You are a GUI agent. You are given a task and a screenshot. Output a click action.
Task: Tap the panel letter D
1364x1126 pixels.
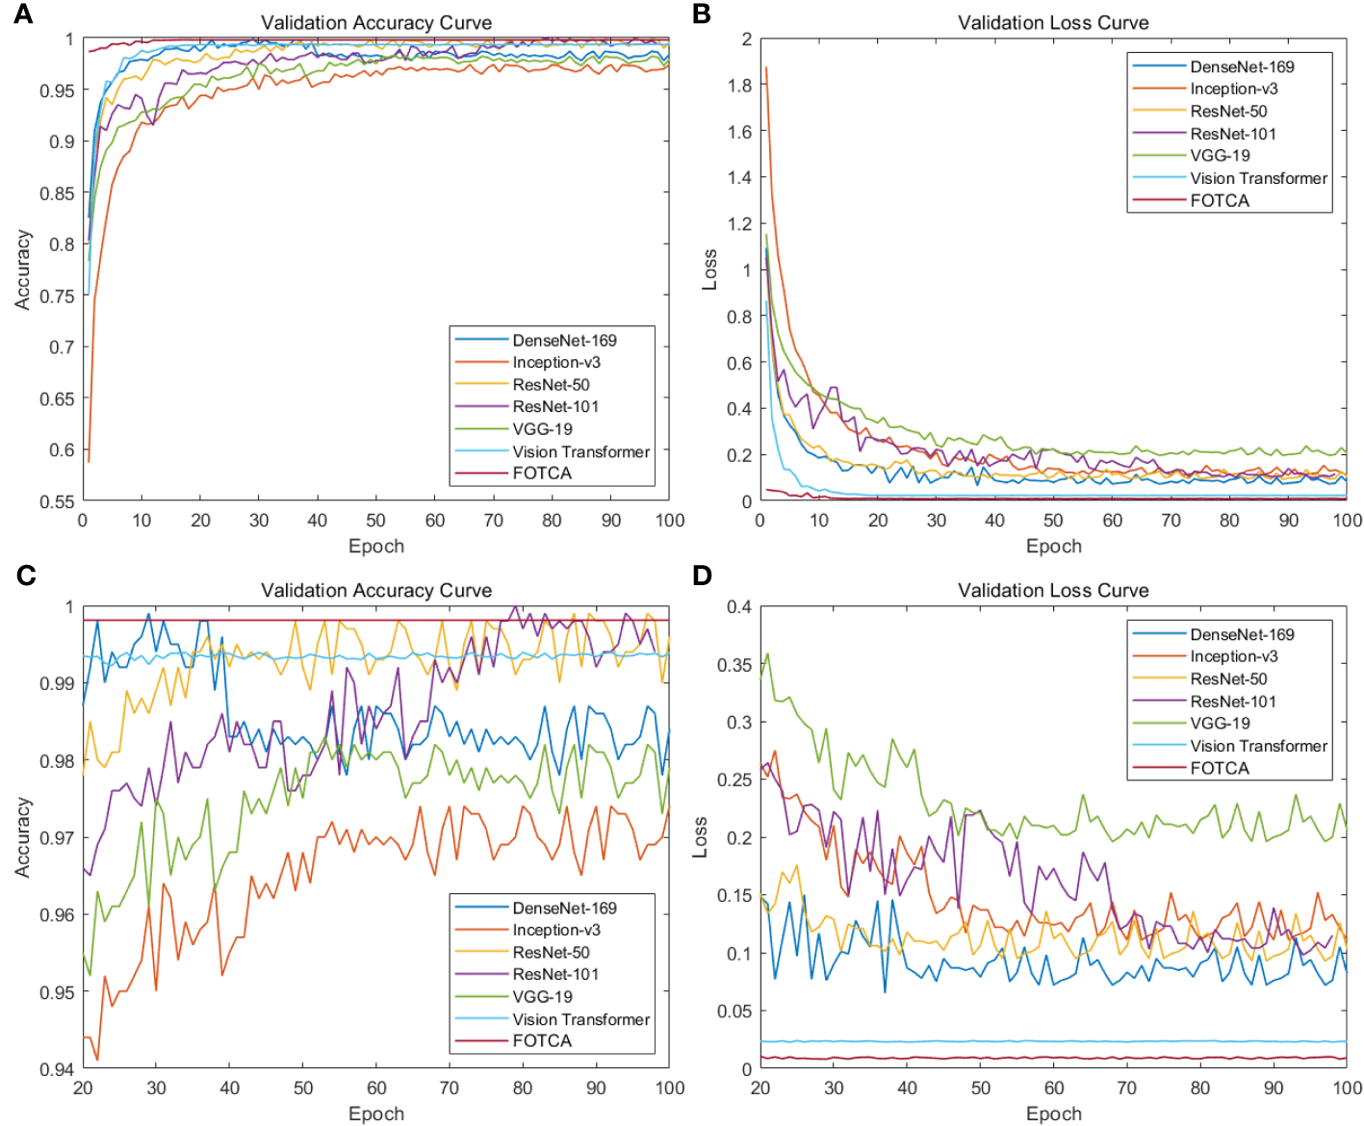[702, 576]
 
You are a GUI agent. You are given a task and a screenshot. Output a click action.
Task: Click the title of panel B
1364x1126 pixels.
[1053, 23]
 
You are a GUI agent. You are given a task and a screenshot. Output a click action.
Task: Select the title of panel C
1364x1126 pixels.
[376, 591]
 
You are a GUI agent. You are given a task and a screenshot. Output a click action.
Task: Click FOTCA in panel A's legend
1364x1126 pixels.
[542, 473]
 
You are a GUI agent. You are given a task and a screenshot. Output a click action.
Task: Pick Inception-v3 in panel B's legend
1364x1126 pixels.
[1233, 89]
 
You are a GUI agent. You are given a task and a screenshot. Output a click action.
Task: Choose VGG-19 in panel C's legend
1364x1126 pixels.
[542, 997]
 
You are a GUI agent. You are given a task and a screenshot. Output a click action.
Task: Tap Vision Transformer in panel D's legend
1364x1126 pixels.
[1258, 746]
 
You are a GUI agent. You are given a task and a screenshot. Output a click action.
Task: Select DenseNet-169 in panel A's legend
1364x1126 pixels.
[564, 341]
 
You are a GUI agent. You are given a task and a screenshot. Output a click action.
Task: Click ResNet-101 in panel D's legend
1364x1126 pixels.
[1232, 702]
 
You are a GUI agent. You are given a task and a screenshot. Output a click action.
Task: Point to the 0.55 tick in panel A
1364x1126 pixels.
[59, 501]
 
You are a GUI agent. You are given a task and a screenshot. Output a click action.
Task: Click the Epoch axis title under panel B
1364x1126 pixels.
[1053, 547]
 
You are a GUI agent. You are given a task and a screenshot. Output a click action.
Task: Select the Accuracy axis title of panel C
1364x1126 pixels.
[23, 837]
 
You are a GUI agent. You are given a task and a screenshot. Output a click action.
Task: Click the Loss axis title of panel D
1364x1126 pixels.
[701, 837]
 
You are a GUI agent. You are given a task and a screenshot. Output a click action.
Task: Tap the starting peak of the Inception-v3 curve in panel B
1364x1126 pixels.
[766, 67]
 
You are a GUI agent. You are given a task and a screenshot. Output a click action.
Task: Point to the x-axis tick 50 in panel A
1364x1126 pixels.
[376, 521]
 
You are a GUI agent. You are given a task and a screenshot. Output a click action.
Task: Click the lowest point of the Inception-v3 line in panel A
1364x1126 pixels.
[89, 461]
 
